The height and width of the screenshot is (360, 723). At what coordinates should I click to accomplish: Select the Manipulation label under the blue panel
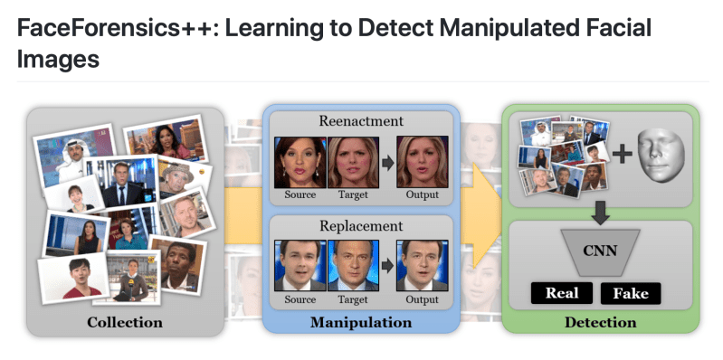click(360, 322)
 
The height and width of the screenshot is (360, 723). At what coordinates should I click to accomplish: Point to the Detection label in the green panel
click(600, 322)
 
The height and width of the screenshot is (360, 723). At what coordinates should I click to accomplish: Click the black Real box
click(561, 293)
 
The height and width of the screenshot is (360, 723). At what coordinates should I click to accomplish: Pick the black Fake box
click(630, 293)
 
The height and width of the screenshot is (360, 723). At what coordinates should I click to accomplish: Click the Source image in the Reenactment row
click(300, 161)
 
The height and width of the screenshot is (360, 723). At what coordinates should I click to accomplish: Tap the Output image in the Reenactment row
click(422, 161)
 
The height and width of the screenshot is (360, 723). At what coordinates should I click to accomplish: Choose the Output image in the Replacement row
click(422, 265)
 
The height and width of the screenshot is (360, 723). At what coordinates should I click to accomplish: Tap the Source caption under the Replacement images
click(300, 298)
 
